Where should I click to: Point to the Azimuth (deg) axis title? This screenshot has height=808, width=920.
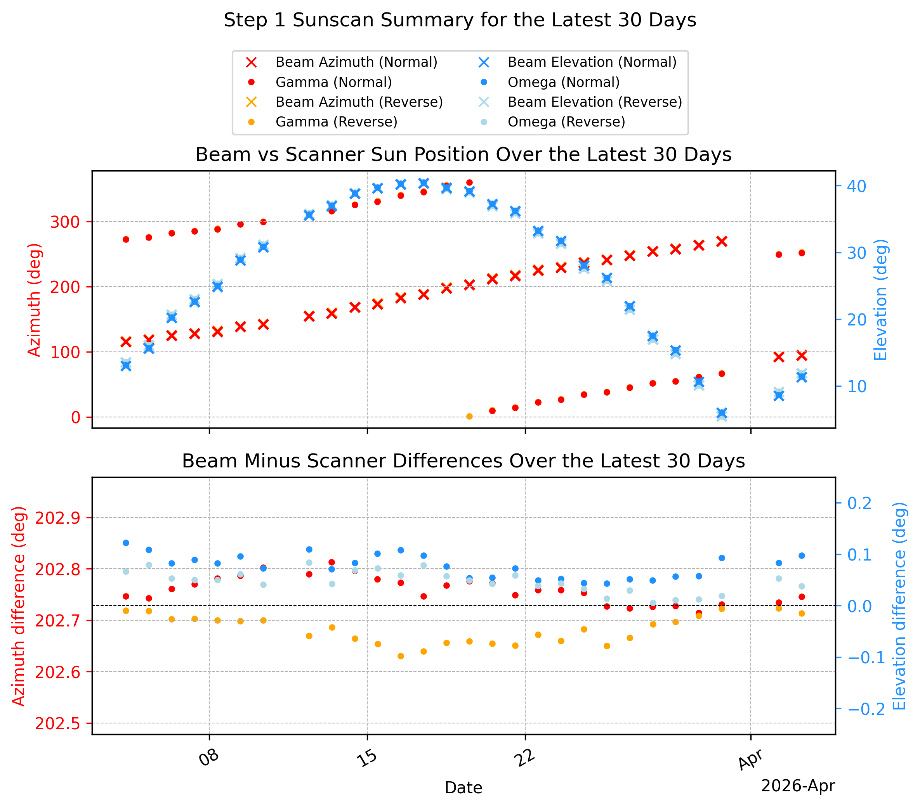[34, 300]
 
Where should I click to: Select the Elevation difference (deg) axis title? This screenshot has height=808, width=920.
[899, 606]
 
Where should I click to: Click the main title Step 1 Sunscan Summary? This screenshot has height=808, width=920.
[460, 20]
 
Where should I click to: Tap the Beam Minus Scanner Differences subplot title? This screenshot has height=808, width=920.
[463, 461]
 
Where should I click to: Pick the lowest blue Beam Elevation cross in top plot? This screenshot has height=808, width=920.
[722, 413]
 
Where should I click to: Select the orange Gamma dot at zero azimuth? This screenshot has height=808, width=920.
[469, 416]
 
